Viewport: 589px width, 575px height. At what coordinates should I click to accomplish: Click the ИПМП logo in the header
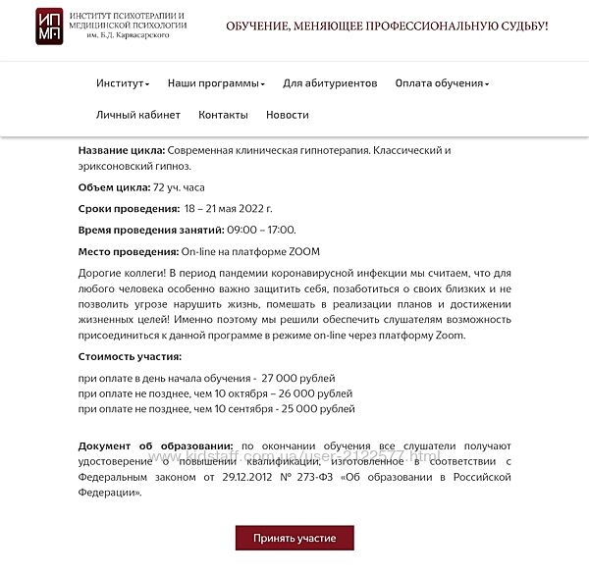point(53,26)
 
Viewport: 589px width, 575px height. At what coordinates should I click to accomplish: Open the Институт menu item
point(122,83)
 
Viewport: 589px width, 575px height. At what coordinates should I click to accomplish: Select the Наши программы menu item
point(216,83)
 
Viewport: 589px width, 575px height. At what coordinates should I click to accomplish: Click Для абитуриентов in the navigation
point(330,83)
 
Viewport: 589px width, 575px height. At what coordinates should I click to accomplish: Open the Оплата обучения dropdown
point(442,83)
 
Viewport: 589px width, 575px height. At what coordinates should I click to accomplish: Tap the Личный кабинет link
point(138,115)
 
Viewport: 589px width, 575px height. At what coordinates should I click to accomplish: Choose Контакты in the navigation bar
point(223,115)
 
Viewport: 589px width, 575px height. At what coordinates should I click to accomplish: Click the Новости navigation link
point(287,115)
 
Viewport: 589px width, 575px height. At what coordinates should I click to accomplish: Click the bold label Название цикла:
point(122,150)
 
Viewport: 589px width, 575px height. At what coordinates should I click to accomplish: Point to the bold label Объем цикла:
point(115,187)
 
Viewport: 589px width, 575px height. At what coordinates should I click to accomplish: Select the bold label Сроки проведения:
point(128,209)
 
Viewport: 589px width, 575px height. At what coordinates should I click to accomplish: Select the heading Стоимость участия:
point(130,356)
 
